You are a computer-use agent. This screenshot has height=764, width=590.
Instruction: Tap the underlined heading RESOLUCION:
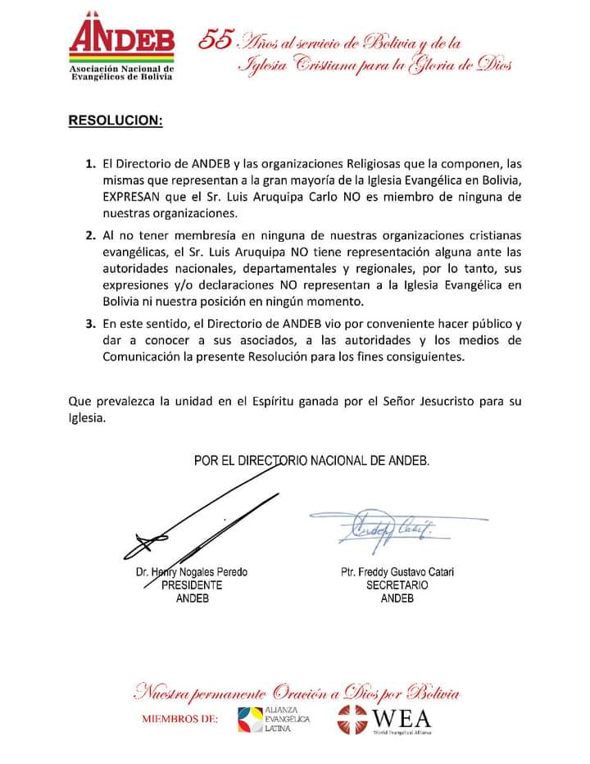pyautogui.click(x=115, y=121)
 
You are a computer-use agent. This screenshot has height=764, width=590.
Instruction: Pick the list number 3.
pyautogui.click(x=91, y=323)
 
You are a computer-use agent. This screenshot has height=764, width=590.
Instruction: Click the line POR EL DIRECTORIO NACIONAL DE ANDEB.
pyautogui.click(x=311, y=461)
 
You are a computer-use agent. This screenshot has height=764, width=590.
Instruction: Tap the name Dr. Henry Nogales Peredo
pyautogui.click(x=192, y=572)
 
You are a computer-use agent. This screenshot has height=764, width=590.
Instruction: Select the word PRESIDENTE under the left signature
pyautogui.click(x=192, y=585)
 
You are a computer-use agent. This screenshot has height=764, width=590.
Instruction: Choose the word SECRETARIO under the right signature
pyautogui.click(x=397, y=585)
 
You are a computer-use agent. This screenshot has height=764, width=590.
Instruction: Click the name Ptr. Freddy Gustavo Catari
pyautogui.click(x=397, y=572)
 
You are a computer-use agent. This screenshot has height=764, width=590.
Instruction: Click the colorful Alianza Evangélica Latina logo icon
pyautogui.click(x=250, y=719)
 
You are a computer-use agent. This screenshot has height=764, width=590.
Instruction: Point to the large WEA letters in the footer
pyautogui.click(x=401, y=716)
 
